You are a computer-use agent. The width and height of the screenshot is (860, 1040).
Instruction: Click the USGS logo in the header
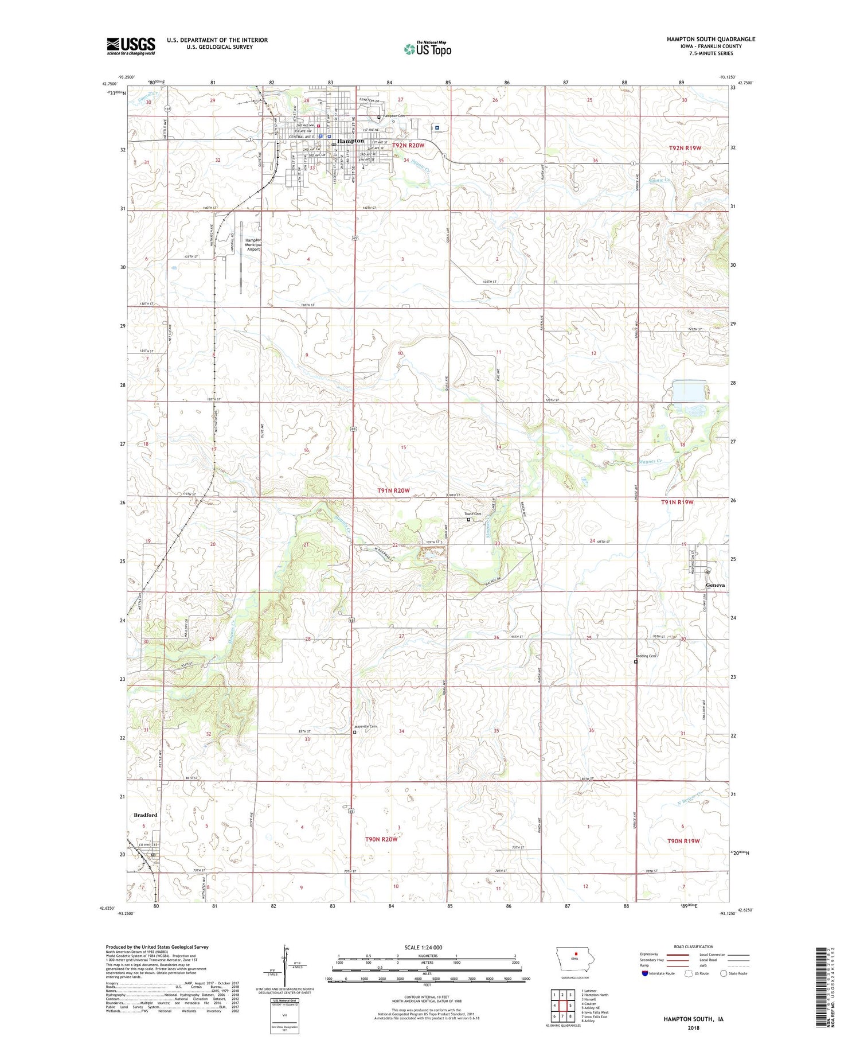click(131, 46)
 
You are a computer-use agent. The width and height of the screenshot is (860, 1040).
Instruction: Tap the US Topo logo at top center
click(428, 49)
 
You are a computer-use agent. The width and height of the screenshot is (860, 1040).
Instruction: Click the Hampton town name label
click(350, 141)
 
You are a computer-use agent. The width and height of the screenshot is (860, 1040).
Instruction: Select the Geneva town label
click(715, 585)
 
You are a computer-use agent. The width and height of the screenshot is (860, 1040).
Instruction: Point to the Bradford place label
click(145, 815)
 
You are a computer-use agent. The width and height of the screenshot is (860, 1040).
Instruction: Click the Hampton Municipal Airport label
click(253, 245)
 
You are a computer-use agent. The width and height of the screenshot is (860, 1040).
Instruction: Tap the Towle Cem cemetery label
click(473, 514)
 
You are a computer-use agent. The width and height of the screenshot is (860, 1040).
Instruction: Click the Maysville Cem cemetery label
click(366, 727)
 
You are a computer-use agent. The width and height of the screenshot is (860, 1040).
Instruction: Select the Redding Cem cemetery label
click(645, 656)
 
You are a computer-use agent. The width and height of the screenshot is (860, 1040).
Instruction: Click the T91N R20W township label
click(393, 490)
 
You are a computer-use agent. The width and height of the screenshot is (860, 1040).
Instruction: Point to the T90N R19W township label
click(683, 841)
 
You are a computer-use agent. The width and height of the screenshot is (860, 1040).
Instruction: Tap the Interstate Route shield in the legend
click(645, 973)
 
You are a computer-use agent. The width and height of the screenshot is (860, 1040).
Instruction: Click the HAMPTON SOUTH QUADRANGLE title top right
click(710, 39)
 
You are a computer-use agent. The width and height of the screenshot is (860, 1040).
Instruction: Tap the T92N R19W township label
click(685, 148)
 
